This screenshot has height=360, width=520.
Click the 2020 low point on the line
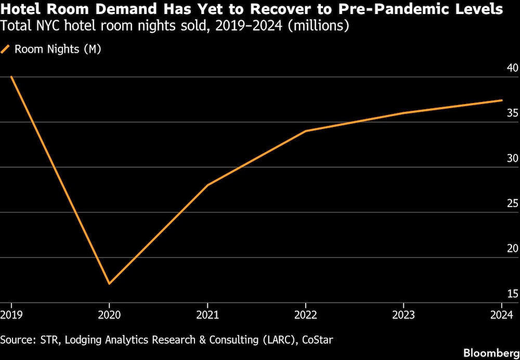(x=109, y=284)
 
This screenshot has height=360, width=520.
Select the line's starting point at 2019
(x=11, y=76)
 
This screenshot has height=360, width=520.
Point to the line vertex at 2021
(x=207, y=185)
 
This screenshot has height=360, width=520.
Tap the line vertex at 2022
(x=306, y=131)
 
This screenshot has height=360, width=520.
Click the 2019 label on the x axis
(x=11, y=315)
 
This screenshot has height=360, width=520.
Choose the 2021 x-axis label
(x=207, y=315)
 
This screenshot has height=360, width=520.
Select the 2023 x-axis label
(x=404, y=315)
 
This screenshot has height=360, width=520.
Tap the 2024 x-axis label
(x=501, y=315)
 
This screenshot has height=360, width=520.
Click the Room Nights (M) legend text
(x=58, y=49)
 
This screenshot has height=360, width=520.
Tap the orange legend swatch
(x=6, y=49)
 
